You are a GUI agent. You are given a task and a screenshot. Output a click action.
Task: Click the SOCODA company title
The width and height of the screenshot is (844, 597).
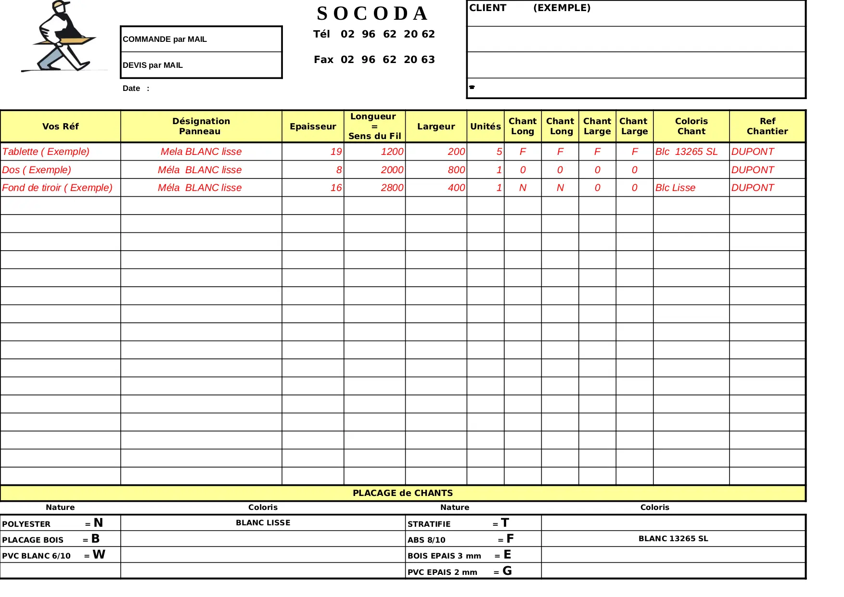372,13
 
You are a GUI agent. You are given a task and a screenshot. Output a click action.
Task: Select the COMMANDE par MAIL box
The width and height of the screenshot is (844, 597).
201,39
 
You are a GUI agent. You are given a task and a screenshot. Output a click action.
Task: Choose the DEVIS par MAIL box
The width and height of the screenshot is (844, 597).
201,65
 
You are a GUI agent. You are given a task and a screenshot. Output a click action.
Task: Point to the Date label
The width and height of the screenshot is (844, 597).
131,89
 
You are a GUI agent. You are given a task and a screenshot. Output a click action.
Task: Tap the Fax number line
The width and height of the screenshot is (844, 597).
374,60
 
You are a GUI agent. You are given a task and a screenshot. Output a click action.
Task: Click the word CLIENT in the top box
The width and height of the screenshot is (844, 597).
487,8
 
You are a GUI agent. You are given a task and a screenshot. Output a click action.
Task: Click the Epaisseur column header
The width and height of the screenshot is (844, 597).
313,127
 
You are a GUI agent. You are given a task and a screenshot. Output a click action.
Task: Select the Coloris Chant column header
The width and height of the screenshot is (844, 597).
691,127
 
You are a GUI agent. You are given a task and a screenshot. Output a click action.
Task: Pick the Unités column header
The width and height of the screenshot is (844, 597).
485,127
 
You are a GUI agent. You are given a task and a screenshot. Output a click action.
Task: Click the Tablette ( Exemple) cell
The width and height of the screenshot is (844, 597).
46,152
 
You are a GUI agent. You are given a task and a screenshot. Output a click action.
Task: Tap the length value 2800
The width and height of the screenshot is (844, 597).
392,188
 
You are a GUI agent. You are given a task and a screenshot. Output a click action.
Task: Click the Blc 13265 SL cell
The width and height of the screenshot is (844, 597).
686,152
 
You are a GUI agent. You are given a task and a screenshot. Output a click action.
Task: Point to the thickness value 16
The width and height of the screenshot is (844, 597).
336,188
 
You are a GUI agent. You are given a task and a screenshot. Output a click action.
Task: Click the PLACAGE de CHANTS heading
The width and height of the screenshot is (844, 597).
403,493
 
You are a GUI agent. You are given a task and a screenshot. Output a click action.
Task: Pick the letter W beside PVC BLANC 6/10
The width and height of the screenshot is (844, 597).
99,555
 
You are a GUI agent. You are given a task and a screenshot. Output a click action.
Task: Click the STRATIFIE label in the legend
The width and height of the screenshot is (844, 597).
429,524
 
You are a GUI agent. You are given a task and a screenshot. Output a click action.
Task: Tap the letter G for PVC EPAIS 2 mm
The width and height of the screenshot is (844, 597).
507,571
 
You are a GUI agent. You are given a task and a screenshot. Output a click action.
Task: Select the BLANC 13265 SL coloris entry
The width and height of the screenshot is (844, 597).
673,539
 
